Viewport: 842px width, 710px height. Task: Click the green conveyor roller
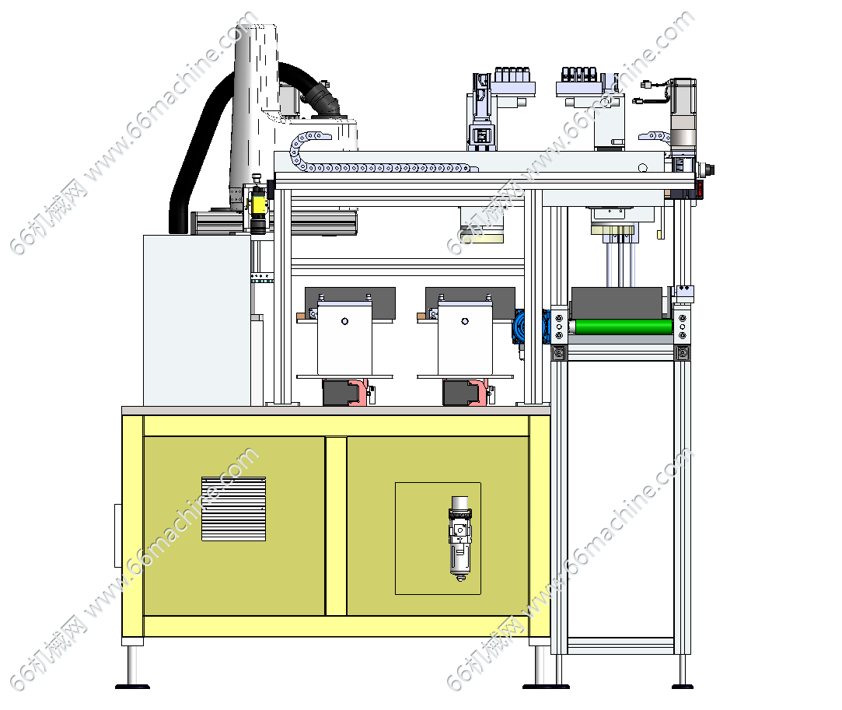[x=624, y=327]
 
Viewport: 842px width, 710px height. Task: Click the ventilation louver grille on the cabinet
[x=233, y=509]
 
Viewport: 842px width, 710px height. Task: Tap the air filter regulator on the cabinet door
[x=460, y=538]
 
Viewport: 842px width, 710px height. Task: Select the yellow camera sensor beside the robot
[x=259, y=204]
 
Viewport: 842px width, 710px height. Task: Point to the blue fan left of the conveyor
[x=519, y=326]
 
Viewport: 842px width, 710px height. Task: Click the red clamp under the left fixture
[x=358, y=392]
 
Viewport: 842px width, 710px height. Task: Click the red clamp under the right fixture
[x=479, y=392]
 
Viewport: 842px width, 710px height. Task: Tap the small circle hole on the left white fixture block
[x=344, y=321]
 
